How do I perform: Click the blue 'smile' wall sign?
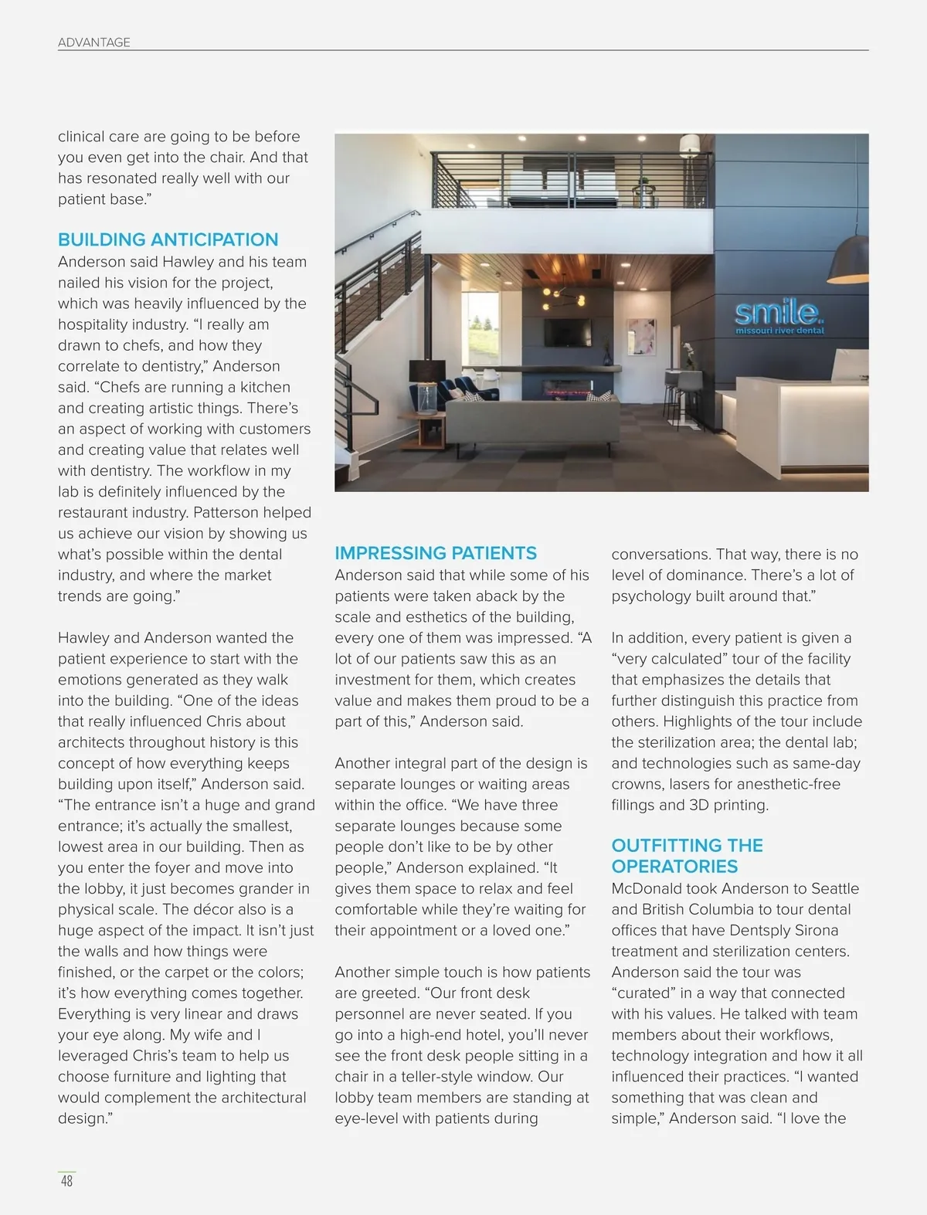coord(776,313)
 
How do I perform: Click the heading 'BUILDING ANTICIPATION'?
coord(168,239)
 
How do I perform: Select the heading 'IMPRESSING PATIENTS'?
coord(435,553)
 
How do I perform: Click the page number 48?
coord(67,1181)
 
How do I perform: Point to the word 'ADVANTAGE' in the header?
coord(93,42)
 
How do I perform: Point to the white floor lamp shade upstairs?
coord(689,143)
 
